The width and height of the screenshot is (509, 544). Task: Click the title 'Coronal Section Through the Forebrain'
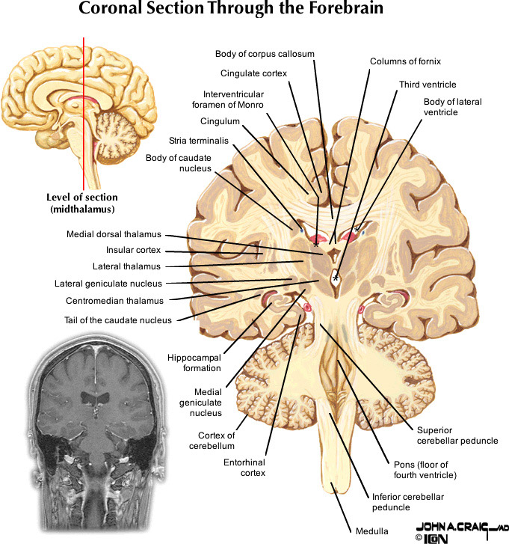click(x=253, y=11)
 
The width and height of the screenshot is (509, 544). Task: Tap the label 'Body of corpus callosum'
click(x=265, y=54)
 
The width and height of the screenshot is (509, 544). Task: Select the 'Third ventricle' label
click(x=428, y=85)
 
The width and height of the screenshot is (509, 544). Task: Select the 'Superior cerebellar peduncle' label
click(x=457, y=435)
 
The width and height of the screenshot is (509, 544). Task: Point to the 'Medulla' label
click(x=372, y=531)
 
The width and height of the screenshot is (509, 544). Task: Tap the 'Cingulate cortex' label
click(x=254, y=73)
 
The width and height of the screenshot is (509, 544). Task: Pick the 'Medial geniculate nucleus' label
click(x=208, y=402)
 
